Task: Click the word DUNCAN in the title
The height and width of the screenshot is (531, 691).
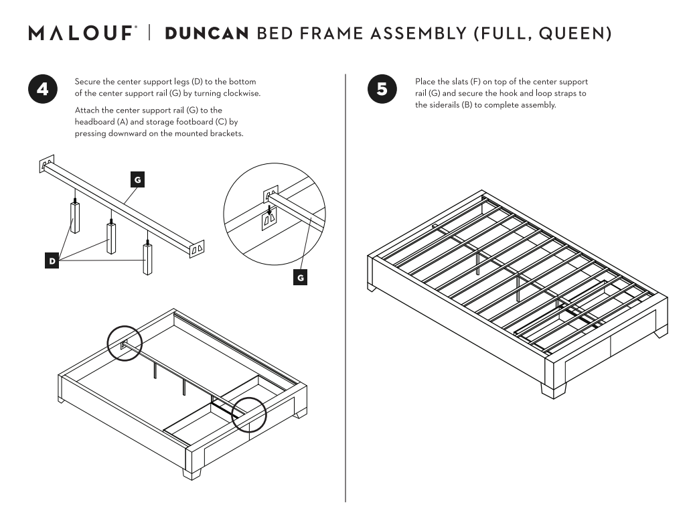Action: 207,33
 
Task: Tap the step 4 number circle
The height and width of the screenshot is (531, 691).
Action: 43,89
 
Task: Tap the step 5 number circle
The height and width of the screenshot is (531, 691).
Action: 382,89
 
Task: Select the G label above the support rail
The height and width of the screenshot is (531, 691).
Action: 137,179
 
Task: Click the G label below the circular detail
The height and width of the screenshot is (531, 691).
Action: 301,278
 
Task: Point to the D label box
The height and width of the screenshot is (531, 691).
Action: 52,261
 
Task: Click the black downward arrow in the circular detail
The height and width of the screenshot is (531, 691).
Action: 269,209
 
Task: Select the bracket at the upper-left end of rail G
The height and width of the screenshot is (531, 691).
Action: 47,163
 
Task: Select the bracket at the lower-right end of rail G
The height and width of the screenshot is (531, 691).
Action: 197,249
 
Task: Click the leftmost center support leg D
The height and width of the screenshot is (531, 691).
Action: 76,217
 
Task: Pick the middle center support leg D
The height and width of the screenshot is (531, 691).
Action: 111,237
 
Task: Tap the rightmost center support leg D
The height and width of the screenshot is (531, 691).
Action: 147,258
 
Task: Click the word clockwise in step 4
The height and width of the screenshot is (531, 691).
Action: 242,94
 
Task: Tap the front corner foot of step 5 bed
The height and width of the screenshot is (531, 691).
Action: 554,390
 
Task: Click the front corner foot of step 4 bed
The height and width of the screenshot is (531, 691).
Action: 191,473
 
